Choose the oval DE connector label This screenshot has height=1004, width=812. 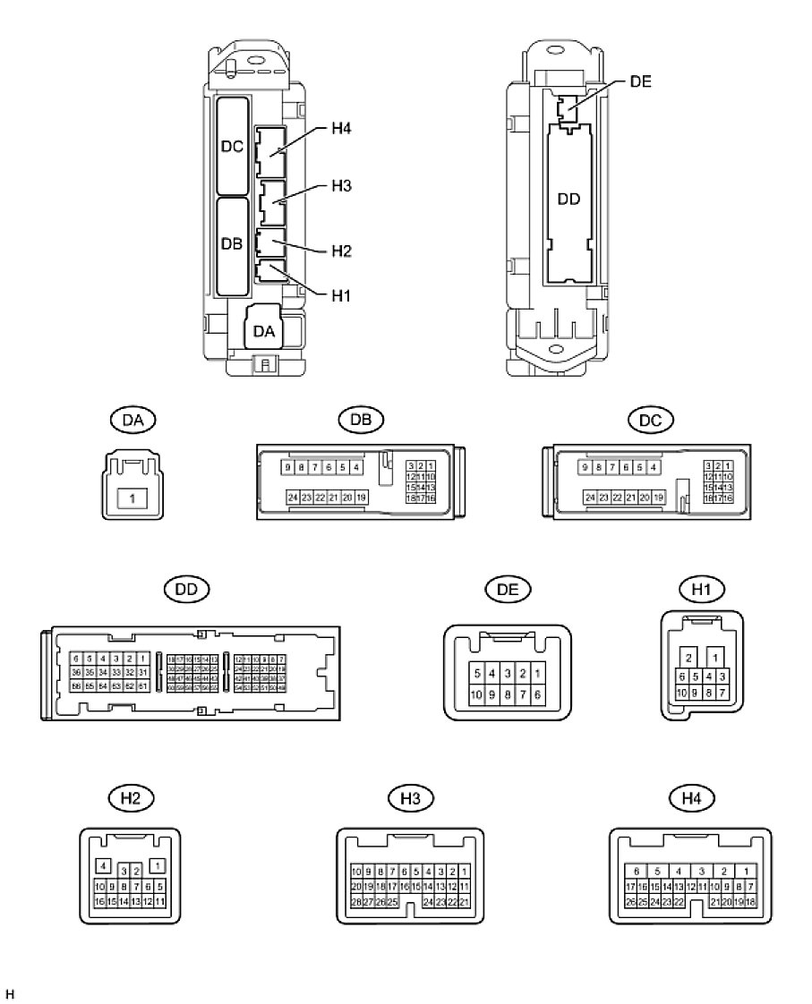[508, 590]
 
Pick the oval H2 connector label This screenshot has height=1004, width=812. [131, 797]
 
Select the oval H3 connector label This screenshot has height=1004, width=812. [411, 797]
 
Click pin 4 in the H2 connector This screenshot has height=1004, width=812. [103, 865]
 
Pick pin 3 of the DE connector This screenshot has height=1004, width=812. [508, 673]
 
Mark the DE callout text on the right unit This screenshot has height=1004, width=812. [640, 81]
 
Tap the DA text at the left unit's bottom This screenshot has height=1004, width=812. [264, 331]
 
